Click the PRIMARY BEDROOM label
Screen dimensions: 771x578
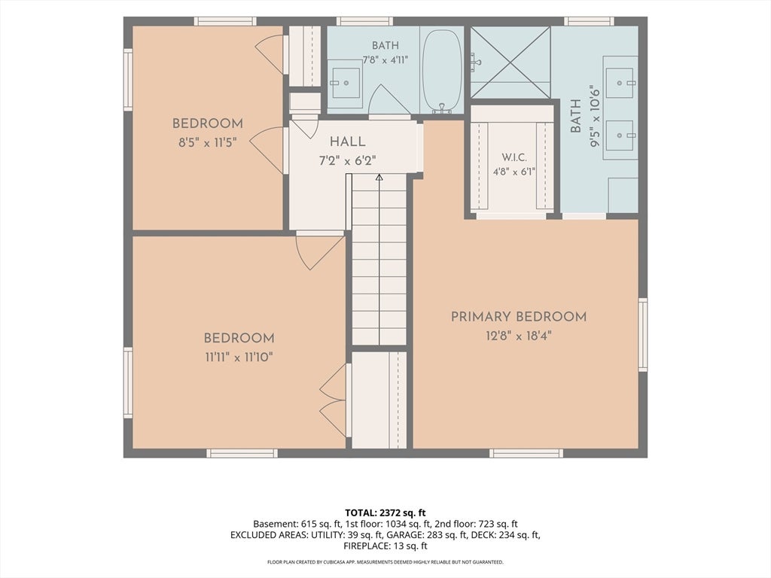point(519,317)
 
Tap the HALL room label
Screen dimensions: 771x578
point(348,142)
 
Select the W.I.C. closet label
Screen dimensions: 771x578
point(514,157)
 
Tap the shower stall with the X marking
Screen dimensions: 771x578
point(510,62)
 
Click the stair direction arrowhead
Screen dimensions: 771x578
point(379,178)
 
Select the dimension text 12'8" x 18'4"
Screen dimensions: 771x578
point(519,336)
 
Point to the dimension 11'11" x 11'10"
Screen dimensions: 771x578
point(239,357)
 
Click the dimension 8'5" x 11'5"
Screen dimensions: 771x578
point(208,143)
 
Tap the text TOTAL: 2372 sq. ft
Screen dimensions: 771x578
point(385,513)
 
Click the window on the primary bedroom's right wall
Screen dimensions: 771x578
point(643,334)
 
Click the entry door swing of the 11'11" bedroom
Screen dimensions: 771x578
point(319,251)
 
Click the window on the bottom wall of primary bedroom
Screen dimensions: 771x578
point(526,453)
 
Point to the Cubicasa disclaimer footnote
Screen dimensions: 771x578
point(385,561)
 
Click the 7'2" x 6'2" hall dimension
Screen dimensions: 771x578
point(348,161)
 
